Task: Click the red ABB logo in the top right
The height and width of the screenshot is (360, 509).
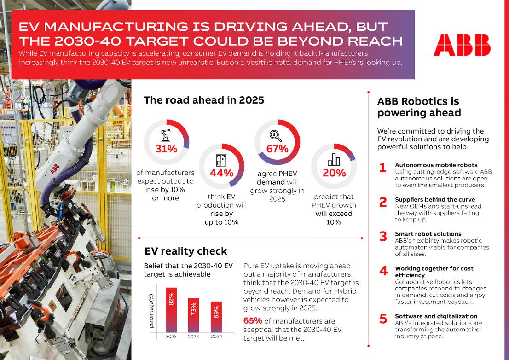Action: [x=462, y=45]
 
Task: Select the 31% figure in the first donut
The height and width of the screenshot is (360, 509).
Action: [x=166, y=149]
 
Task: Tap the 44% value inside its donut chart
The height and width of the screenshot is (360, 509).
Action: [x=221, y=173]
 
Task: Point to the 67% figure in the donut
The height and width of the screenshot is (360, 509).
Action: [x=277, y=149]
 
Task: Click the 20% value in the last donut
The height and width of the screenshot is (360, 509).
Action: [x=334, y=173]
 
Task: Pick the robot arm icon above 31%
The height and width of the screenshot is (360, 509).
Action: [x=166, y=136]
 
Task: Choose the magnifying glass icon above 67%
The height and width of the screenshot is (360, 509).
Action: [x=277, y=135]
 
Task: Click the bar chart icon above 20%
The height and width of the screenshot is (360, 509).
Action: [x=334, y=159]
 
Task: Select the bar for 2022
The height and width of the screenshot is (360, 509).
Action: [x=171, y=309]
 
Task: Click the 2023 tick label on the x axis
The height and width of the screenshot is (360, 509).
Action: [x=193, y=337]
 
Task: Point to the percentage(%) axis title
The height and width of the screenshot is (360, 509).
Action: [x=151, y=308]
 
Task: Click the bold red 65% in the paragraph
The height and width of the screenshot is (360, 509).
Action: [x=252, y=321]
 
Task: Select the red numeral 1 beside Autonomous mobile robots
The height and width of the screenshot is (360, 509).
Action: [x=382, y=168]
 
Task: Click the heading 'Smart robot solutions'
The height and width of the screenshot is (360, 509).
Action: [x=428, y=234]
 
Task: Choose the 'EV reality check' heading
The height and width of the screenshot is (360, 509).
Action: [x=185, y=251]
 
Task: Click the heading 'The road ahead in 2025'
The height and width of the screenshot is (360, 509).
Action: [x=204, y=99]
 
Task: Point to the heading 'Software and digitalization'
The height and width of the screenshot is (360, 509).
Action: [x=436, y=316]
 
